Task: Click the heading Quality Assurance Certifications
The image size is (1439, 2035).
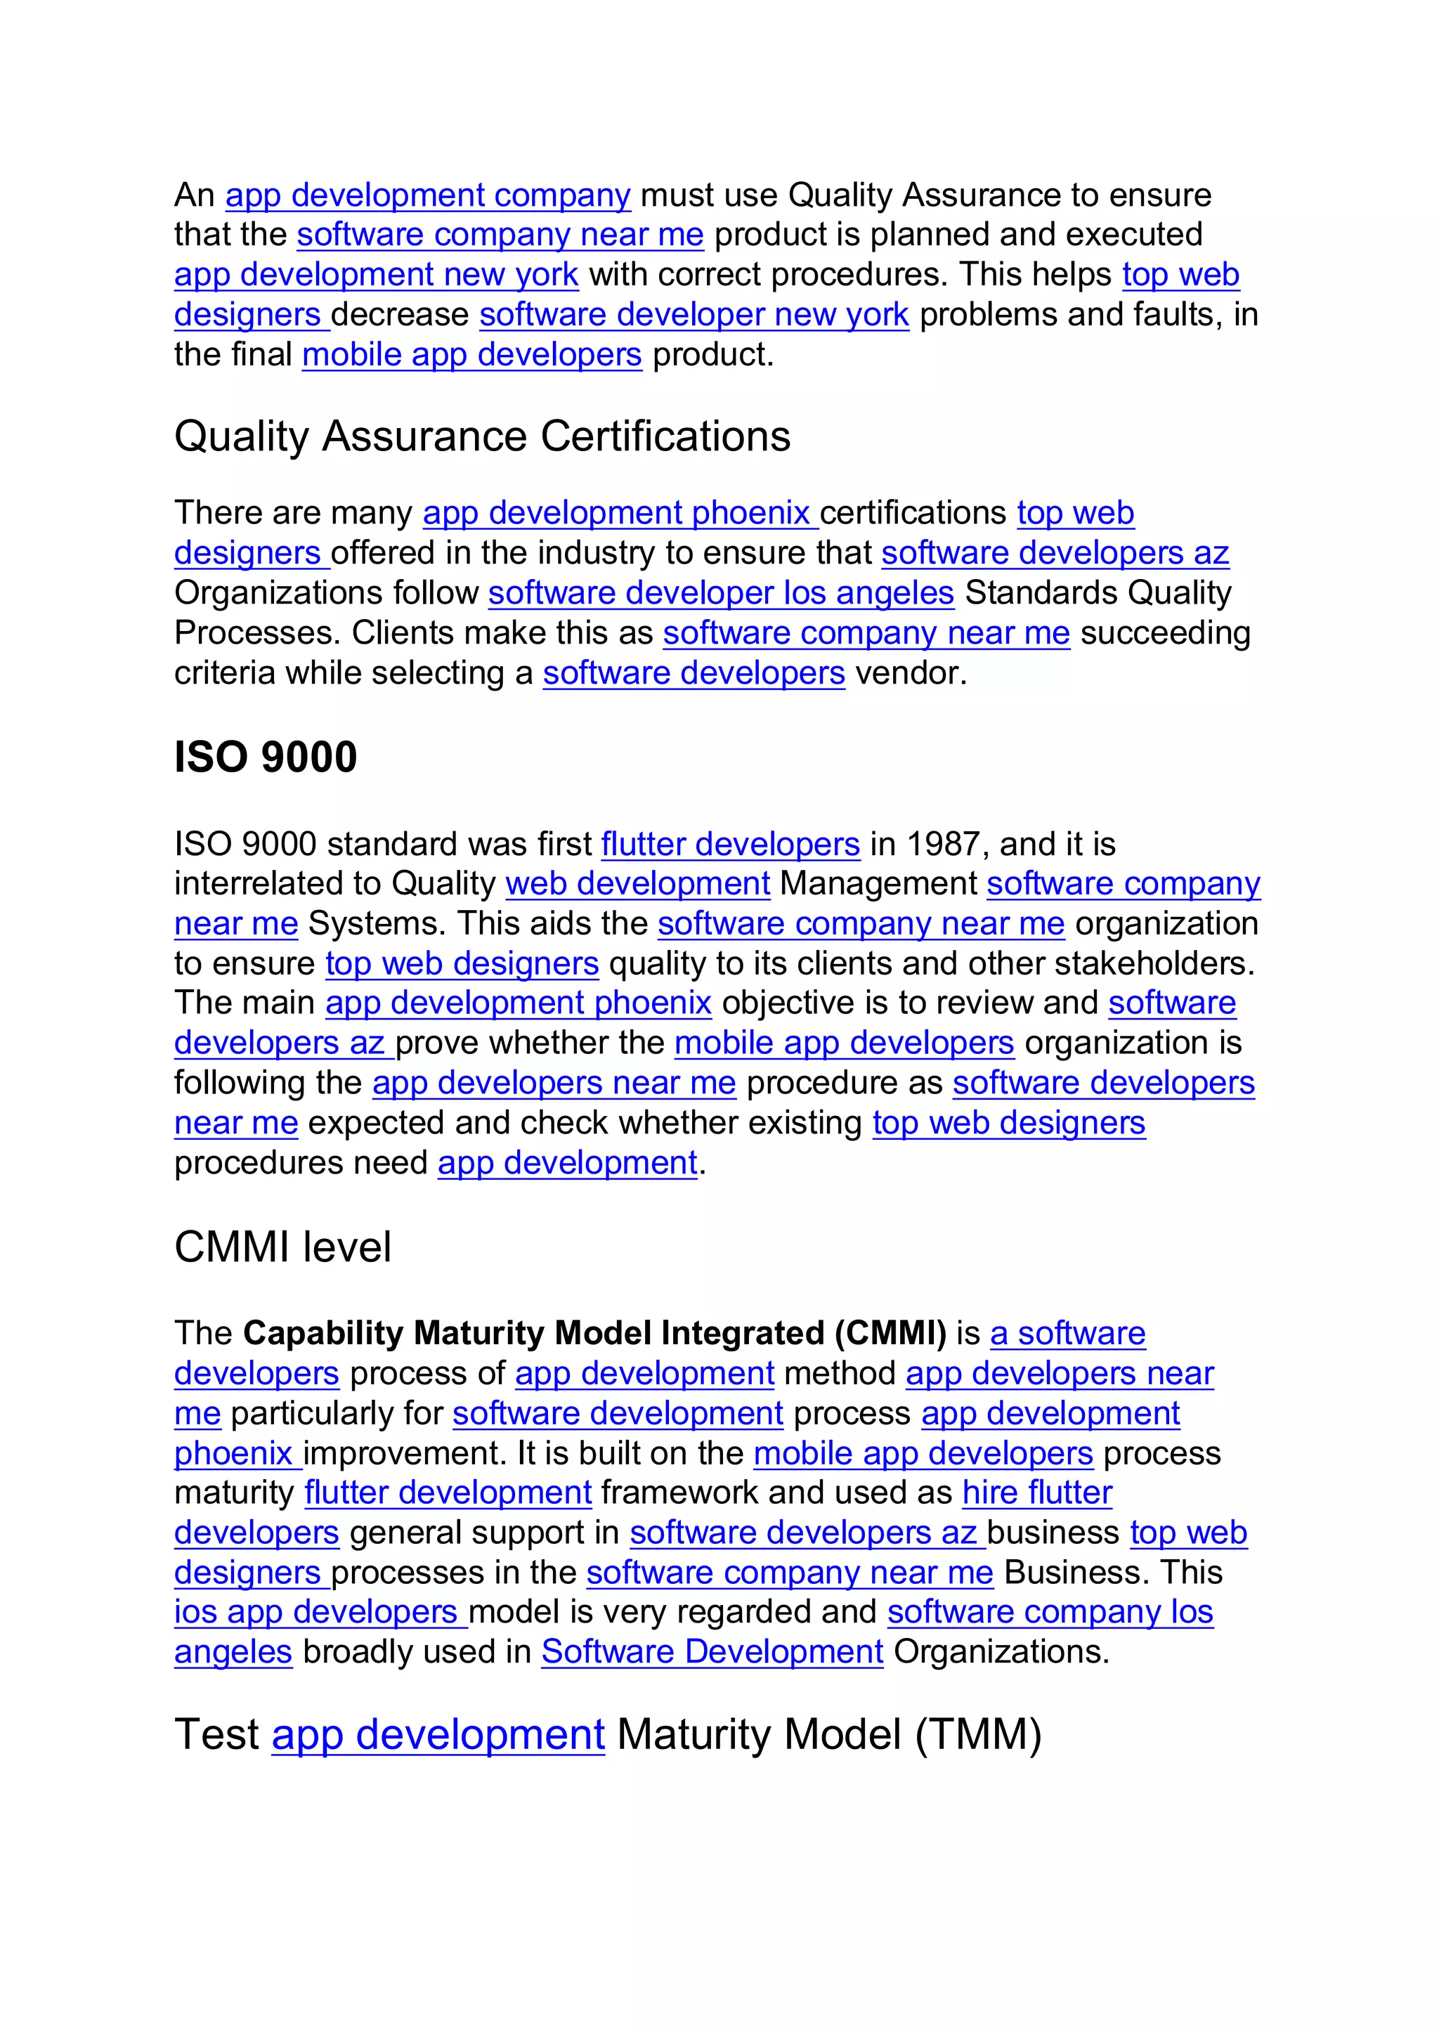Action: pyautogui.click(x=482, y=437)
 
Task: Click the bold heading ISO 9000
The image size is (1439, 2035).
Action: pyautogui.click(x=265, y=758)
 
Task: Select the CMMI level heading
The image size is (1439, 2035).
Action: pyautogui.click(x=282, y=1247)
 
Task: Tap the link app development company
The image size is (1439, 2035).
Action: pyautogui.click(x=428, y=195)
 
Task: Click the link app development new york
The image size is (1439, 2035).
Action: pyautogui.click(x=376, y=275)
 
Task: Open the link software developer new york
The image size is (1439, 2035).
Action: pyautogui.click(x=694, y=315)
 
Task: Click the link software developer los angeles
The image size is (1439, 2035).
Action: pyautogui.click(x=720, y=593)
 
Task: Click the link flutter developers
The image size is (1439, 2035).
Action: pyautogui.click(x=730, y=844)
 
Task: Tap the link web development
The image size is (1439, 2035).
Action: pyautogui.click(x=637, y=884)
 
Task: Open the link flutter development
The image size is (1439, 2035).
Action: pyautogui.click(x=448, y=1493)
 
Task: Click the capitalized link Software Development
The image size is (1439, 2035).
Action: pyautogui.click(x=712, y=1651)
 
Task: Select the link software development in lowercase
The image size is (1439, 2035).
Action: pyautogui.click(x=618, y=1413)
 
